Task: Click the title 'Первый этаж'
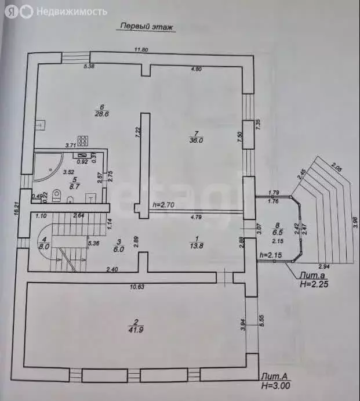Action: coord(147,26)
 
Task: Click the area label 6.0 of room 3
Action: coord(118,248)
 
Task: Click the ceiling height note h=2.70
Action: coord(163,205)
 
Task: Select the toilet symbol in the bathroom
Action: coord(56,196)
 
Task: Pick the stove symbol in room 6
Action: coord(83,140)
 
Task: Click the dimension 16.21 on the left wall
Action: coord(17,207)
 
